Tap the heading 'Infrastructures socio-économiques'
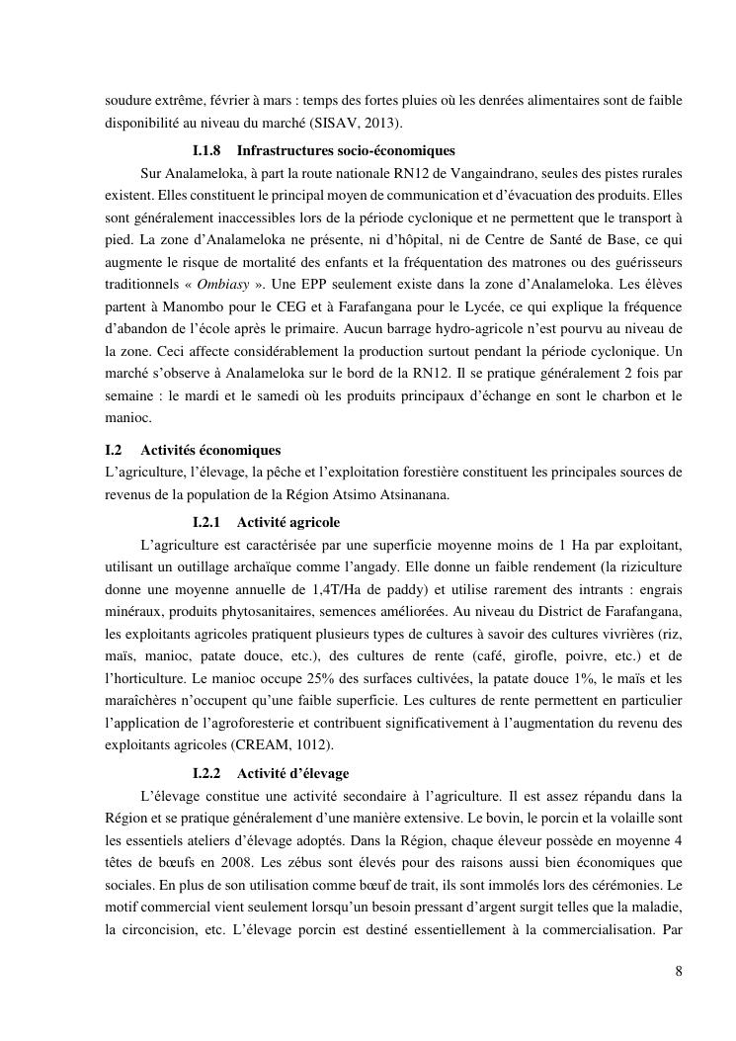click(x=346, y=151)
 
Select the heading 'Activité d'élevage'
click(x=292, y=772)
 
